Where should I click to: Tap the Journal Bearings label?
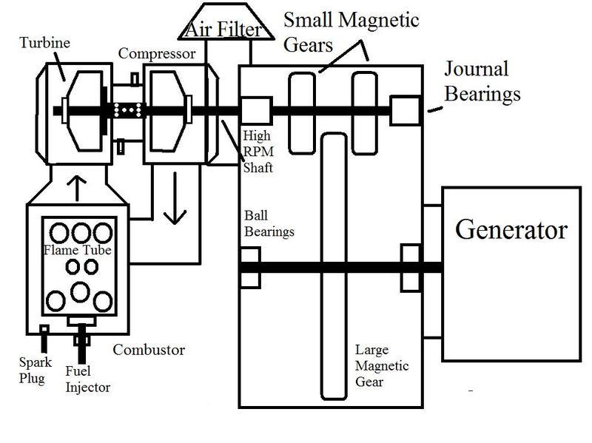(x=482, y=81)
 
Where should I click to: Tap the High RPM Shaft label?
(x=258, y=152)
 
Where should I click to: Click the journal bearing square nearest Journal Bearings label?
(x=404, y=111)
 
